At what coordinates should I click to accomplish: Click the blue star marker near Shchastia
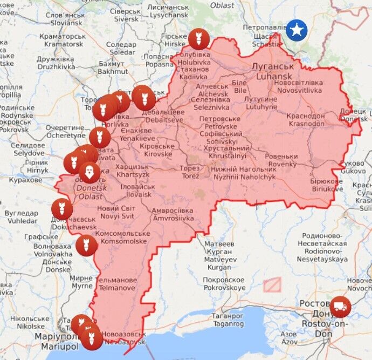297,30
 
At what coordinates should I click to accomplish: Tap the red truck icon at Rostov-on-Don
340,307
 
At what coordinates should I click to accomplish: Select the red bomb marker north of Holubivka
199,39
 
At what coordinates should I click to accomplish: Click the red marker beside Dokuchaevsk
62,209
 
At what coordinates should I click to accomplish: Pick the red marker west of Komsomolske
86,246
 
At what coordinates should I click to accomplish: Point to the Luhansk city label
272,71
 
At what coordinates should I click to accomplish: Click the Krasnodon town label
306,120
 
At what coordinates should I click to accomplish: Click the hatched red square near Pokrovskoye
273,284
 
